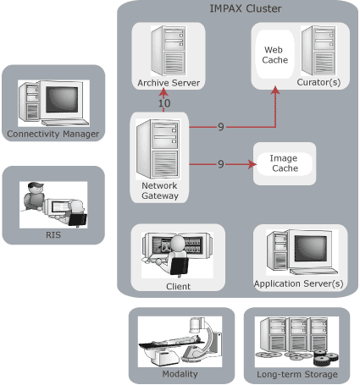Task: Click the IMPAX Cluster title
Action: click(x=245, y=9)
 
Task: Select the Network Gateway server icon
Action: click(x=160, y=147)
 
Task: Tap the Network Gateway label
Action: click(x=159, y=190)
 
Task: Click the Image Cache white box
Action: click(x=285, y=163)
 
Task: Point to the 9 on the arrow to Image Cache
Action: click(x=220, y=164)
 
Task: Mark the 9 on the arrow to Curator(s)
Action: click(x=220, y=127)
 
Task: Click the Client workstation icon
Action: click(x=177, y=252)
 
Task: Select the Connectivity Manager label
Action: click(x=53, y=134)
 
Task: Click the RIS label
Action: click(x=53, y=238)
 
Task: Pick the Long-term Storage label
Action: click(x=296, y=374)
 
